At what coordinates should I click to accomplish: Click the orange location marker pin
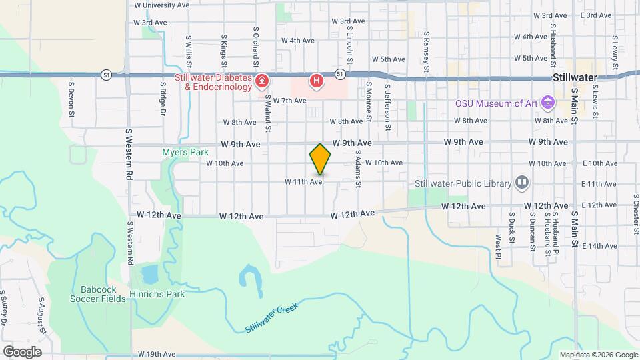[320, 159]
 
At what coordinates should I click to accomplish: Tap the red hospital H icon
[317, 81]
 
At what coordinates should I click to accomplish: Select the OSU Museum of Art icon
[548, 103]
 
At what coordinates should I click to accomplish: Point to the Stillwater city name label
[573, 78]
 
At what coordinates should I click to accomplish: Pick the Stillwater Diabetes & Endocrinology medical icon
[263, 81]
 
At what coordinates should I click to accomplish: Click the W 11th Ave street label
[303, 181]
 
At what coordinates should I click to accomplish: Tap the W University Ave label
[161, 5]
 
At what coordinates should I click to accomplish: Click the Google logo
[22, 352]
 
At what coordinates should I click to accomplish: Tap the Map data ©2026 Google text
[599, 355]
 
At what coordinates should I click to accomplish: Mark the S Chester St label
[636, 211]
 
